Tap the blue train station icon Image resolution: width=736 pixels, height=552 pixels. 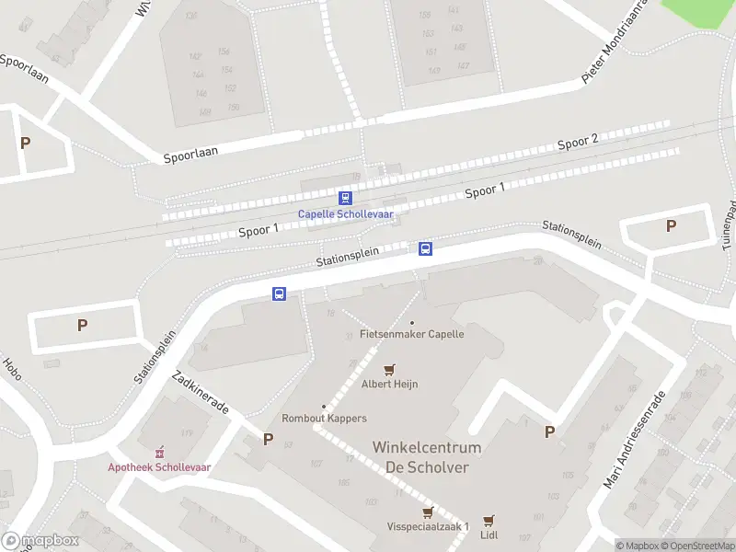pyautogui.click(x=345, y=198)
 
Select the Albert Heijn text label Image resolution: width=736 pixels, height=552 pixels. pyautogui.click(x=389, y=384)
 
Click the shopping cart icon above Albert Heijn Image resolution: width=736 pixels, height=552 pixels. pyautogui.click(x=389, y=370)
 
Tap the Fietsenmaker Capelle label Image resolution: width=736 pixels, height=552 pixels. pyautogui.click(x=412, y=334)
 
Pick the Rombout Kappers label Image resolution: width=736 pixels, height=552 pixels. pyautogui.click(x=324, y=418)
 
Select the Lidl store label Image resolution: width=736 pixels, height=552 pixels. pyautogui.click(x=489, y=534)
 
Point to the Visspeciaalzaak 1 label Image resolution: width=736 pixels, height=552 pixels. pyautogui.click(x=428, y=526)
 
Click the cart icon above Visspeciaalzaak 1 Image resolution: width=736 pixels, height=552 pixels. pyautogui.click(x=427, y=512)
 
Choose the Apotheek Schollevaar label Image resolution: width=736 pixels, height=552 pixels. pyautogui.click(x=159, y=466)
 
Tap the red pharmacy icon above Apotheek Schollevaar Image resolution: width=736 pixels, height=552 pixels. pyautogui.click(x=159, y=452)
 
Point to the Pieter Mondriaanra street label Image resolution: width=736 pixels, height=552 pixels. pyautogui.click(x=615, y=42)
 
